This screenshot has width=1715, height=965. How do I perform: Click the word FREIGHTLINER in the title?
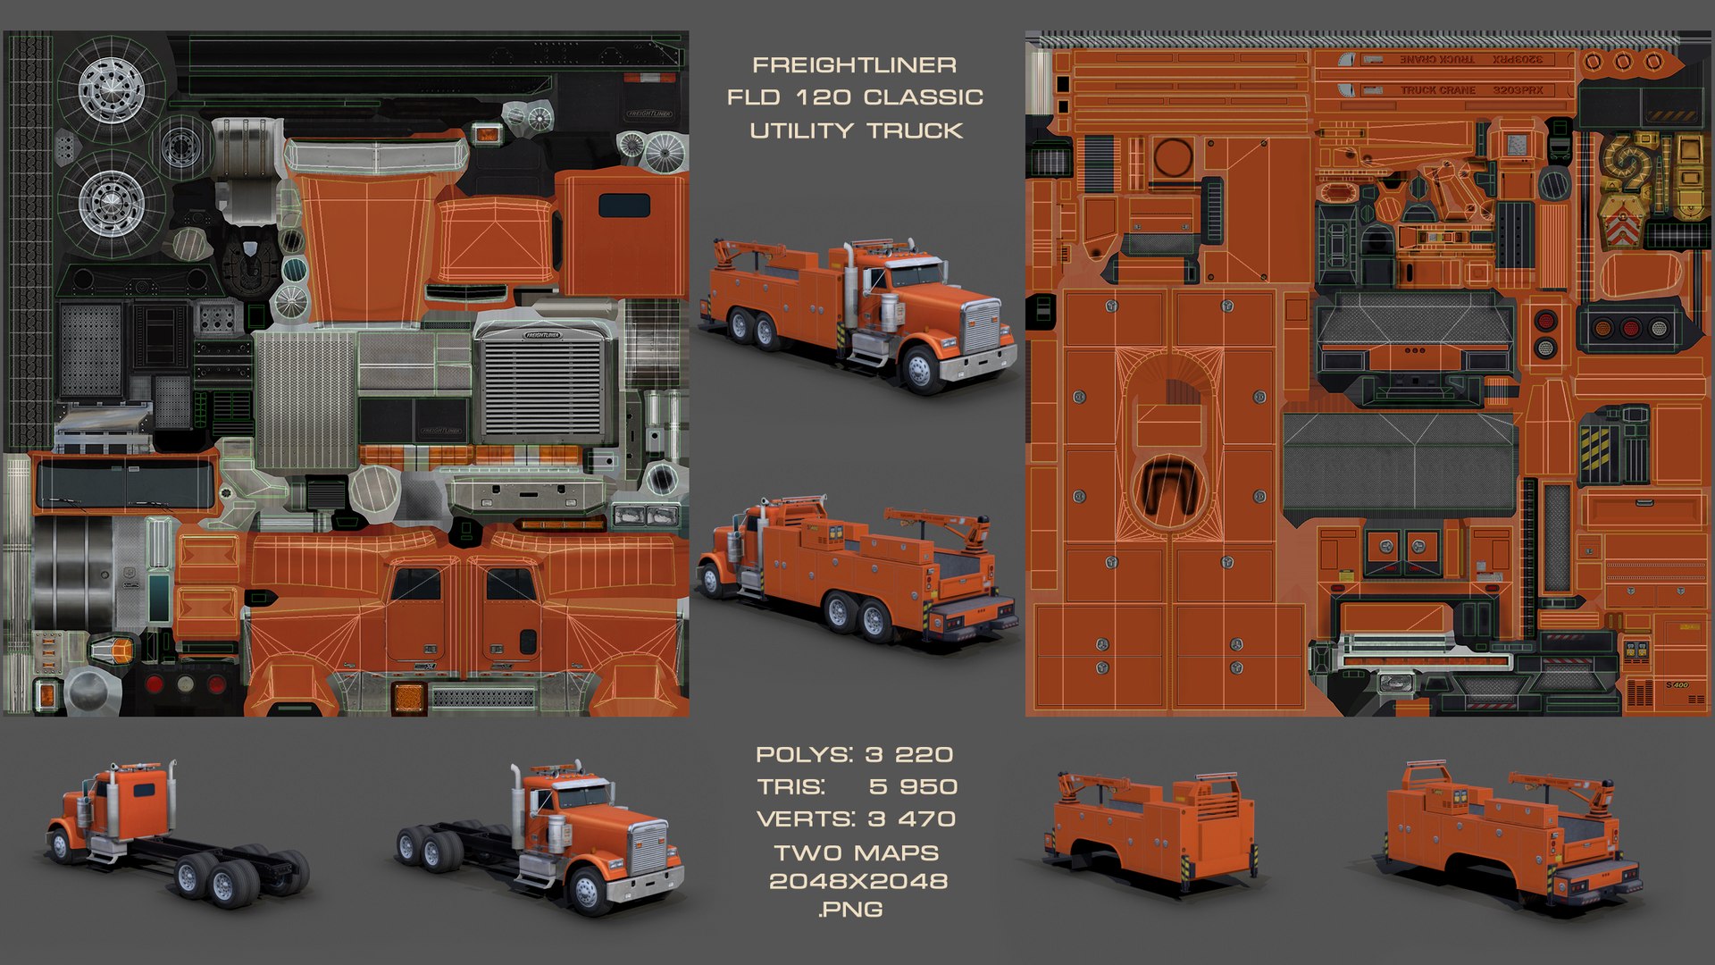click(854, 65)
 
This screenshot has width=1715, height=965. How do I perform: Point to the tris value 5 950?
click(912, 786)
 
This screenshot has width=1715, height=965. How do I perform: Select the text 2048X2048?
click(857, 881)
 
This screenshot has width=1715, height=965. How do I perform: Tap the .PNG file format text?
click(849, 910)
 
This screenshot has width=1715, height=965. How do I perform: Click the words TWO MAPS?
click(856, 852)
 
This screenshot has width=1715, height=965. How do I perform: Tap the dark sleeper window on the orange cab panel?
click(623, 206)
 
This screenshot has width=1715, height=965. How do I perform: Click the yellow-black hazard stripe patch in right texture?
click(1594, 450)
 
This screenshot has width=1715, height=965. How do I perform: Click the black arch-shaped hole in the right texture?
click(1170, 487)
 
